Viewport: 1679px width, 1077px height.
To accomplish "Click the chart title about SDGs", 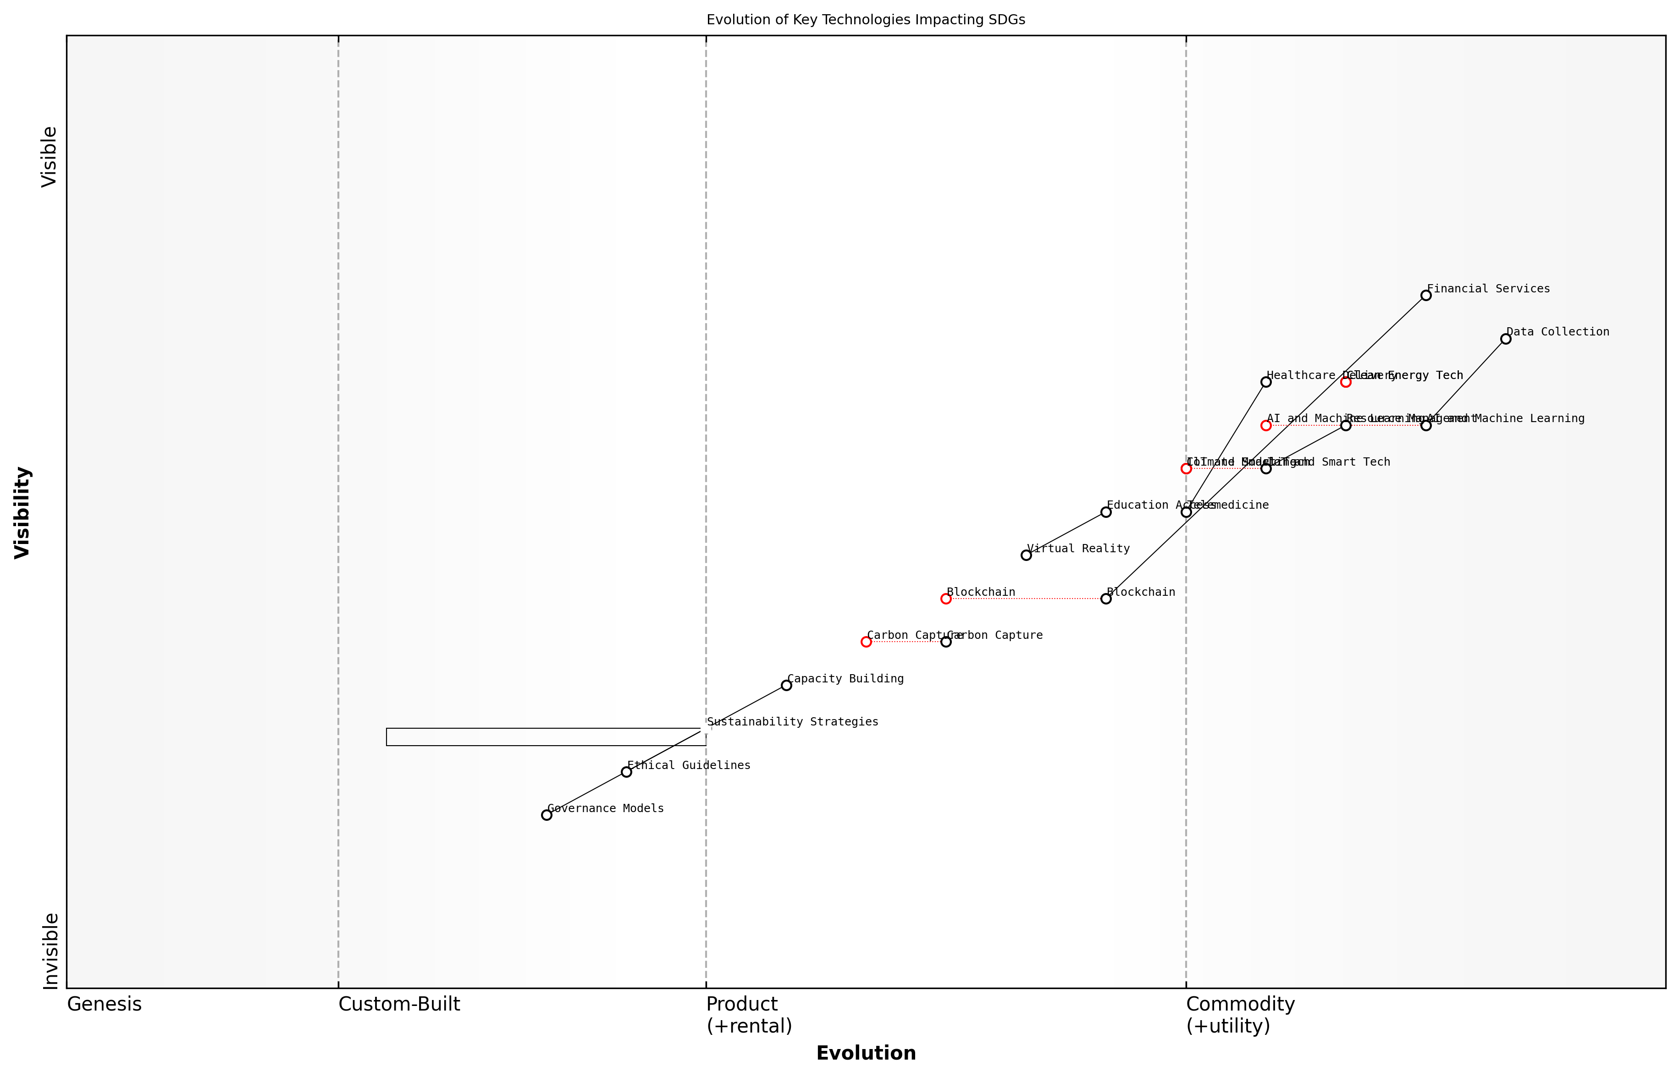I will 865,20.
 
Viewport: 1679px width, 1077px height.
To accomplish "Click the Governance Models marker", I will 547,815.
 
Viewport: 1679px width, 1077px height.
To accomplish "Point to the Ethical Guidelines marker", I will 626,771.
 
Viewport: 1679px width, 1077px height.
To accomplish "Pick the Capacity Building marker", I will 786,685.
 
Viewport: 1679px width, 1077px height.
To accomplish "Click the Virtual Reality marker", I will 1026,555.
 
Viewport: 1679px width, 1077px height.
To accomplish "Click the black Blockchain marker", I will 1106,599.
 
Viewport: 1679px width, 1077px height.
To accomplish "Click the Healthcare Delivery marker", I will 1265,382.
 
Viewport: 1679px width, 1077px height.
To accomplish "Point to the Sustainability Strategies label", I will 792,722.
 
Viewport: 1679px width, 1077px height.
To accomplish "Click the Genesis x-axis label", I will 104,1004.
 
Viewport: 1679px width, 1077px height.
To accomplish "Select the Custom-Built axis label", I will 399,1004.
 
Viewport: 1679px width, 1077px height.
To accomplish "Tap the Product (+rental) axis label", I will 749,1015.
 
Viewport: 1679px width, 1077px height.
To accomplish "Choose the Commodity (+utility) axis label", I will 1240,1015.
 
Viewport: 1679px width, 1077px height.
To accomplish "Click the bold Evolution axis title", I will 865,1053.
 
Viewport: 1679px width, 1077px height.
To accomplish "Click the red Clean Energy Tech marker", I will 1345,382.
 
